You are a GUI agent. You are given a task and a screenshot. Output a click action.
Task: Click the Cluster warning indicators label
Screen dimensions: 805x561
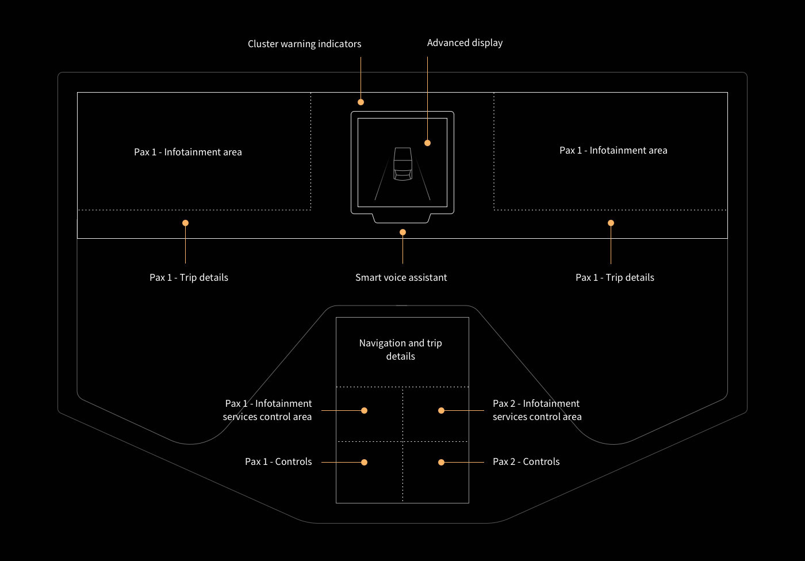coord(304,44)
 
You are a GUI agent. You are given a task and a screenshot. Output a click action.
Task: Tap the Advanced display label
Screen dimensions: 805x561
coord(465,43)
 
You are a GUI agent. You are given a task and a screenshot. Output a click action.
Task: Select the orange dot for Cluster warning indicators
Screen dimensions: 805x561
coord(361,102)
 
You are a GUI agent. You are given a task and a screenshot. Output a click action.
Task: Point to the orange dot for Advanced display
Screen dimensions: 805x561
coord(427,143)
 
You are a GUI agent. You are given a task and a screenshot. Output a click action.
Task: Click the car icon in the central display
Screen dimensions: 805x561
coord(403,163)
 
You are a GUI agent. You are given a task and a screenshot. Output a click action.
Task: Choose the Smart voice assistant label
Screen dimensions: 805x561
coord(401,277)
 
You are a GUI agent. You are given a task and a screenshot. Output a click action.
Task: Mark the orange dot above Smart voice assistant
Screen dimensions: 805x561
coord(403,232)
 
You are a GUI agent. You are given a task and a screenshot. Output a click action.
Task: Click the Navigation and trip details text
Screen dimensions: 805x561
coord(401,349)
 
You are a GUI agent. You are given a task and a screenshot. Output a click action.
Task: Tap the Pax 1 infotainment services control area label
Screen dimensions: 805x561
coord(267,410)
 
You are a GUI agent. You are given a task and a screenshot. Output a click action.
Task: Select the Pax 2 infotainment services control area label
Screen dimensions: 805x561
coord(537,410)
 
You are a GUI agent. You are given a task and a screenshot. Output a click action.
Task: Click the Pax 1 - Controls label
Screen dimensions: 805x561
coord(278,461)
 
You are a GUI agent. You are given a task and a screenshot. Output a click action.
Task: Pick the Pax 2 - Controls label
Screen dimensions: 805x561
coord(526,461)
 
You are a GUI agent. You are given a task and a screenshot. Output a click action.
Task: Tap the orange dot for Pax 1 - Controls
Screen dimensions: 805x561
coord(364,462)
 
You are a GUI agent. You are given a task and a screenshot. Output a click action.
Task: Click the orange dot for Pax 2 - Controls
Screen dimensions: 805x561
coord(442,462)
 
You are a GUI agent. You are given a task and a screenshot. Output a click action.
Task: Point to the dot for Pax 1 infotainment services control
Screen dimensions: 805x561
coord(364,410)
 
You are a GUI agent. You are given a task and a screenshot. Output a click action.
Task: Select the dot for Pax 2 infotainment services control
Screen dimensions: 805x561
coord(442,410)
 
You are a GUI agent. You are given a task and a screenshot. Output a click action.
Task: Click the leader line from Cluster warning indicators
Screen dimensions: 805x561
coord(361,78)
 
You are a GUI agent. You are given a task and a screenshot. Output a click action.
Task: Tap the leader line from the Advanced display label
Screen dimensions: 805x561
coord(427,98)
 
